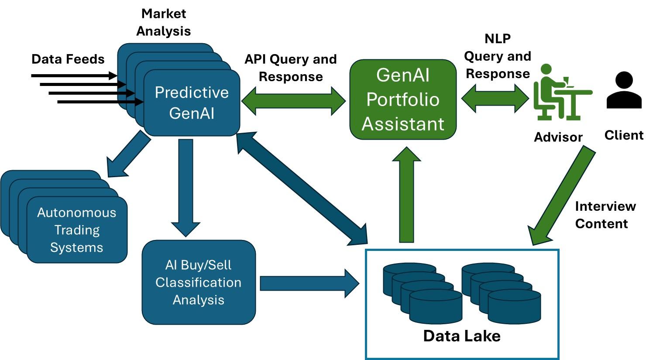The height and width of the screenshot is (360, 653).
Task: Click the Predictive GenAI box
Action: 192,103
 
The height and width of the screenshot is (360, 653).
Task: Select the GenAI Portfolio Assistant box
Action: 403,99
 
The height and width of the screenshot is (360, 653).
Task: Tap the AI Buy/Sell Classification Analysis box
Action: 199,282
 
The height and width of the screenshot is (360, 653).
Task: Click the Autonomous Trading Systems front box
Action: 77,230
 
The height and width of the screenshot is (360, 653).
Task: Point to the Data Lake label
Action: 462,336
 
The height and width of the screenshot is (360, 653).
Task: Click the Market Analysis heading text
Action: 164,22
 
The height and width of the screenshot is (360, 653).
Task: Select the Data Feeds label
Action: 68,59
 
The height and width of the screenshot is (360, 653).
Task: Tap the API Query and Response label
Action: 291,68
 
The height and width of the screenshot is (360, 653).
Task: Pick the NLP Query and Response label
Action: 498,56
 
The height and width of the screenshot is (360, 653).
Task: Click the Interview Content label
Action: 605,215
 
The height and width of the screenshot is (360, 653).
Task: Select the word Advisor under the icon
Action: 558,137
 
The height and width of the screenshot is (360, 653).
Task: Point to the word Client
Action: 624,135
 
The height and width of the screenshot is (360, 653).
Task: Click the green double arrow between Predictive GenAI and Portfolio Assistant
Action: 293,101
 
